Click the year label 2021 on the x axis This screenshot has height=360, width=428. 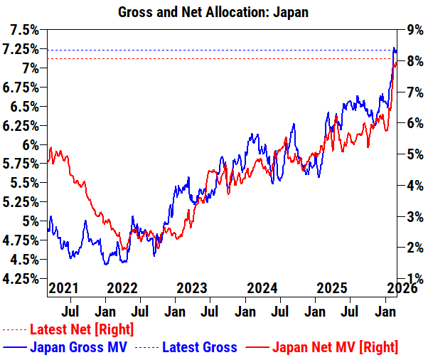click(x=63, y=288)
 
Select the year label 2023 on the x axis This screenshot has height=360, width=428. click(x=191, y=288)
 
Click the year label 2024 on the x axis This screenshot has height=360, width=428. click(x=262, y=288)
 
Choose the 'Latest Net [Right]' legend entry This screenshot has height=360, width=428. click(x=82, y=329)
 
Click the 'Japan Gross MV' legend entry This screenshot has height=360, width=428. click(x=78, y=347)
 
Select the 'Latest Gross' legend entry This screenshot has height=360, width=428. click(x=200, y=347)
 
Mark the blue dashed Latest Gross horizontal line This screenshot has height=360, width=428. click(x=213, y=50)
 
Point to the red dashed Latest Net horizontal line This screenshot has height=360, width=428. click(x=213, y=59)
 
